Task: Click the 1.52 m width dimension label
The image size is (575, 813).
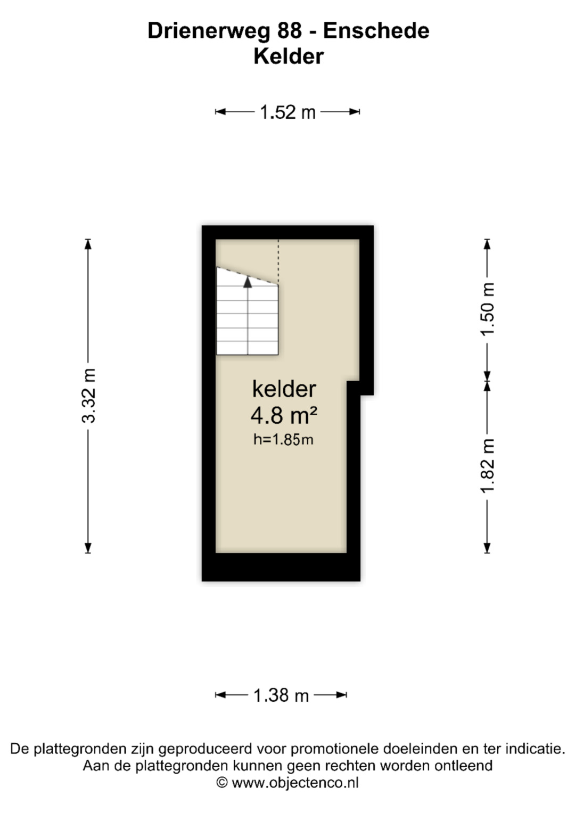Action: (x=287, y=112)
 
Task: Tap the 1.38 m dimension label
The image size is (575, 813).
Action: (x=281, y=695)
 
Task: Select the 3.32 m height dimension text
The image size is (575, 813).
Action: (x=88, y=396)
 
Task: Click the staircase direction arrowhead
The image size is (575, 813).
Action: (x=248, y=282)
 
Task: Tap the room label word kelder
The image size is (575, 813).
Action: (x=284, y=389)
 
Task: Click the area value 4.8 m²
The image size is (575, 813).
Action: (x=284, y=415)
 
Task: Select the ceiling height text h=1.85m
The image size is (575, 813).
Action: (x=283, y=440)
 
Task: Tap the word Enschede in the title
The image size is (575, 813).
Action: (x=376, y=30)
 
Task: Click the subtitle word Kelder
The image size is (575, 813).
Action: (x=289, y=56)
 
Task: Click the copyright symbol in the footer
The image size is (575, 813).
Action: (x=222, y=782)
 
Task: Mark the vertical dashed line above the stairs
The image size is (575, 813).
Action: (x=278, y=262)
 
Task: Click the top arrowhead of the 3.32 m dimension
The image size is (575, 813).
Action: (x=88, y=244)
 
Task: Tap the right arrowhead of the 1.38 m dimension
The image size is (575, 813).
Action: (x=341, y=695)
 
